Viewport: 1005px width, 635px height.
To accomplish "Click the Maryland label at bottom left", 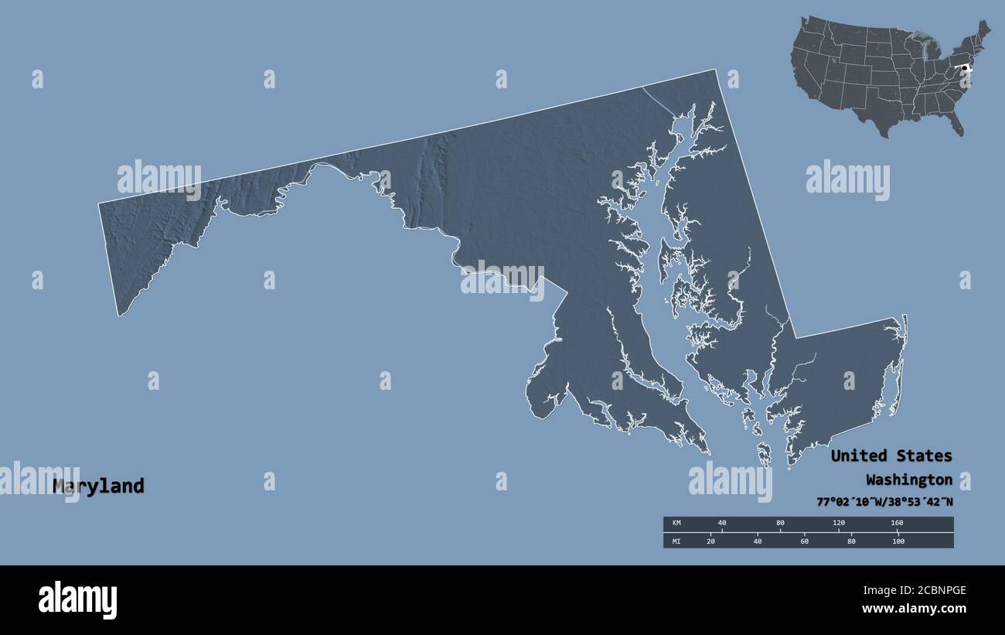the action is (98, 486).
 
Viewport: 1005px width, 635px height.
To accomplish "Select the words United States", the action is (891, 456).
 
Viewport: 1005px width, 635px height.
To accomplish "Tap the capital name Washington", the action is (908, 479).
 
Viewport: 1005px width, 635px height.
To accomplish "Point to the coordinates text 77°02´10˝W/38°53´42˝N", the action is (884, 501).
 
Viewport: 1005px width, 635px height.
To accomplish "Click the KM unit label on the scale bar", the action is (676, 523).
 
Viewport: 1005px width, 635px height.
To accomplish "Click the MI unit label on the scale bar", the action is (676, 541).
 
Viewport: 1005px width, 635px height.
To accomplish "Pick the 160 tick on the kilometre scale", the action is (896, 523).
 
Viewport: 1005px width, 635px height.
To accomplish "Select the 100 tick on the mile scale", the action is (898, 541).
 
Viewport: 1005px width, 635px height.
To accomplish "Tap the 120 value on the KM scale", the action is (838, 523).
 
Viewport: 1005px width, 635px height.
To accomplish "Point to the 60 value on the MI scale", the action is (804, 541).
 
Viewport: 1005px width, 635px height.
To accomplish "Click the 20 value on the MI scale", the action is (710, 541).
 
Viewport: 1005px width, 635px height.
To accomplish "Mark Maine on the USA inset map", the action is (982, 32).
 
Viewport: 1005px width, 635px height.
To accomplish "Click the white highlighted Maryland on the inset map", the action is (964, 70).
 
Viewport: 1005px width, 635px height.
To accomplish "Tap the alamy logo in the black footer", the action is (77, 599).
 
